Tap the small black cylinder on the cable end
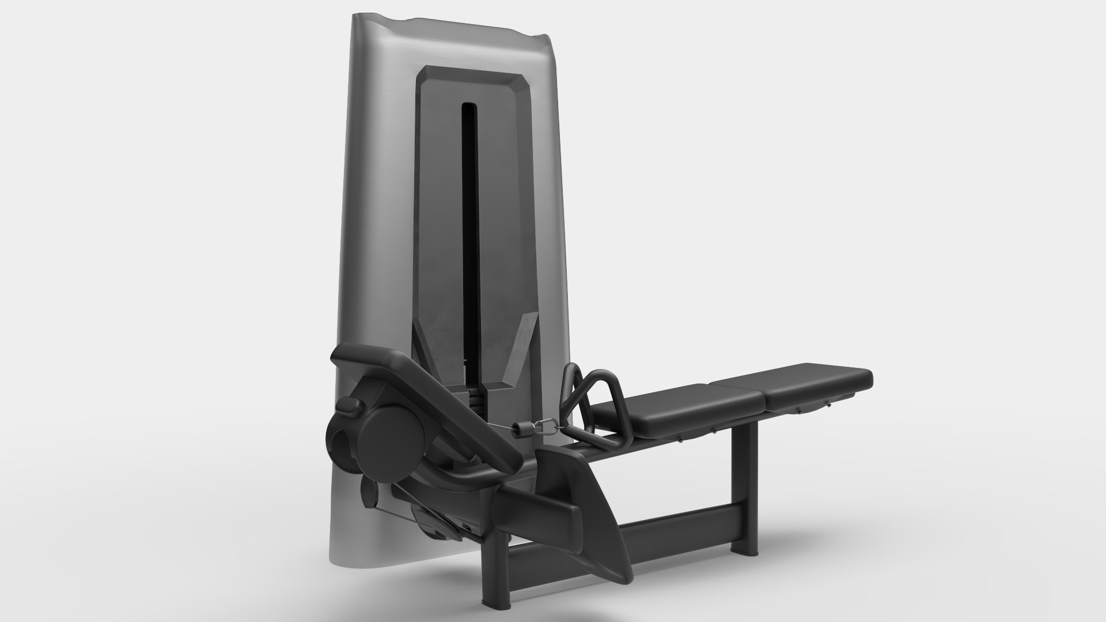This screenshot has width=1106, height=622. pyautogui.click(x=524, y=429)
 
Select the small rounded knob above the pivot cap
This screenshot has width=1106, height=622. pyautogui.click(x=349, y=406)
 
